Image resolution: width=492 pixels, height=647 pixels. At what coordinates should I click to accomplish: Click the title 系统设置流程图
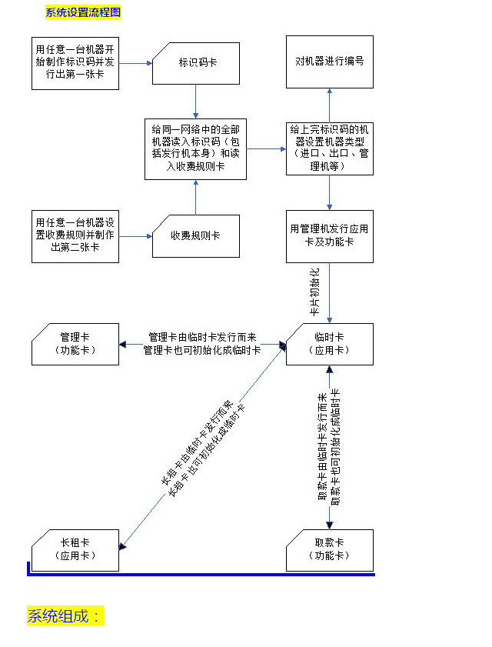[83, 13]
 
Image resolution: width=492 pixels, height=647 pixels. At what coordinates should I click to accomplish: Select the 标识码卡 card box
[197, 62]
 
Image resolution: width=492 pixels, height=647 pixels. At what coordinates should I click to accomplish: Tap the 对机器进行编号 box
[330, 61]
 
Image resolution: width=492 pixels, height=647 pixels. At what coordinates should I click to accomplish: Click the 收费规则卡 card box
[197, 235]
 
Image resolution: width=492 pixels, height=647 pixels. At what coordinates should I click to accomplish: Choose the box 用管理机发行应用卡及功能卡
[330, 235]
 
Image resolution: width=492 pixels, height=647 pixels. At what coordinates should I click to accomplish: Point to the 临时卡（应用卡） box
[330, 344]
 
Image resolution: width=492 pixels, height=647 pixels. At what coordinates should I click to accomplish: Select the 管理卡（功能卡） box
[75, 344]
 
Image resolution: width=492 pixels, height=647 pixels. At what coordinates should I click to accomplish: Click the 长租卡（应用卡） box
[75, 549]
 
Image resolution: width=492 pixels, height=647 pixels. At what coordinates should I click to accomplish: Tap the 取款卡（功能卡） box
[330, 549]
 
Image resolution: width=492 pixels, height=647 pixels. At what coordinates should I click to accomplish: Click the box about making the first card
[75, 62]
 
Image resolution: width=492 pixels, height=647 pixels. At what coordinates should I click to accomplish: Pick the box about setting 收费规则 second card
[75, 236]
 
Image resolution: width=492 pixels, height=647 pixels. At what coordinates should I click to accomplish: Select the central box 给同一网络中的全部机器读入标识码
[196, 148]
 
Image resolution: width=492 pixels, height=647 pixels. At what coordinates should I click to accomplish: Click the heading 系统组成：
[65, 616]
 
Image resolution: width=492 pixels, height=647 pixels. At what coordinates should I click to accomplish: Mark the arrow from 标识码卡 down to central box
[196, 101]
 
